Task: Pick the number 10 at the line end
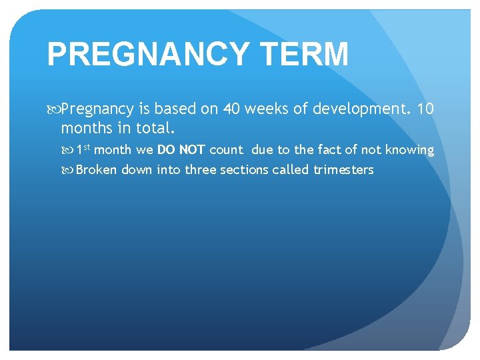[x=425, y=109]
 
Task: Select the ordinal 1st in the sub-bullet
[x=83, y=149]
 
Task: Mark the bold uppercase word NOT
[x=191, y=150]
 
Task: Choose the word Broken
[x=96, y=169]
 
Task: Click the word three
[x=201, y=169]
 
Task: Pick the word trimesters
[x=343, y=169]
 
